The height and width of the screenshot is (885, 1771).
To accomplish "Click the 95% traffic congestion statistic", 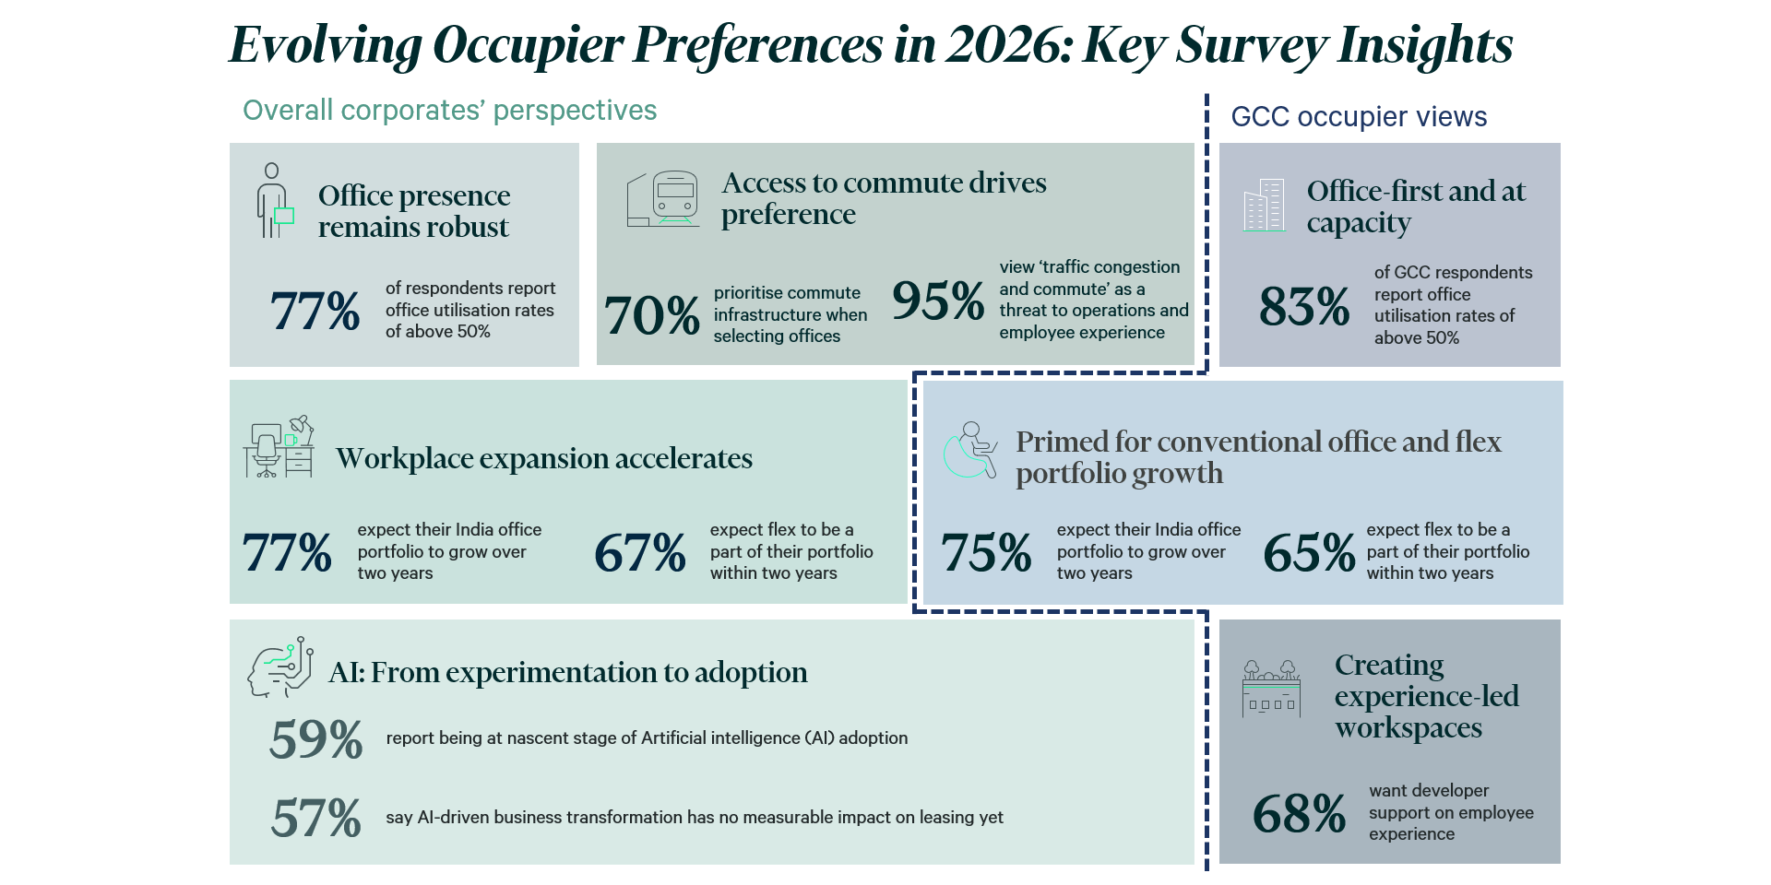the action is pyautogui.click(x=938, y=301).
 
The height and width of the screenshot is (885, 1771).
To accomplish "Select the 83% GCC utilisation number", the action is pyautogui.click(x=1304, y=306).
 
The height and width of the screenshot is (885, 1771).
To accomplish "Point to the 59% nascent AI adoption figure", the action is pyautogui.click(x=316, y=739).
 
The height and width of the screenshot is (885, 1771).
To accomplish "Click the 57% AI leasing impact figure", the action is pyautogui.click(x=316, y=818).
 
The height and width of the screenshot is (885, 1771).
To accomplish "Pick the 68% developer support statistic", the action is pyautogui.click(x=1299, y=814).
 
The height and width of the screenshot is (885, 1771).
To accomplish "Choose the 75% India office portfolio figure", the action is pyautogui.click(x=986, y=553).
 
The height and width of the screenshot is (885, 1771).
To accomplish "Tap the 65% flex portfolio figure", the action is pyautogui.click(x=1309, y=553).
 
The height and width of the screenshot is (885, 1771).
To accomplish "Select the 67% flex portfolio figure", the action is pyautogui.click(x=640, y=553).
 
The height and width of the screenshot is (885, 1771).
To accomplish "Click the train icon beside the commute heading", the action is pyautogui.click(x=663, y=198).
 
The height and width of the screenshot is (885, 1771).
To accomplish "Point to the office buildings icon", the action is pyautogui.click(x=1264, y=205).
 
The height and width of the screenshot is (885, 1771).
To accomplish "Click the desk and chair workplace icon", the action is pyautogui.click(x=279, y=446).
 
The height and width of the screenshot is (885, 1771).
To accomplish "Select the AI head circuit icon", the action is pyautogui.click(x=280, y=667).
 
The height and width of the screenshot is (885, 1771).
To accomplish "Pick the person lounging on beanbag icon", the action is pyautogui.click(x=970, y=450).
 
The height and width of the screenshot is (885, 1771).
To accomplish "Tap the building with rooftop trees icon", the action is pyautogui.click(x=1271, y=689).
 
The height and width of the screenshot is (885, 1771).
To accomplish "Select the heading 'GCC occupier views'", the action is pyautogui.click(x=1359, y=117).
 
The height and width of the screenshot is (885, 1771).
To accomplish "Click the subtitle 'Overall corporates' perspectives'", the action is pyautogui.click(x=449, y=111).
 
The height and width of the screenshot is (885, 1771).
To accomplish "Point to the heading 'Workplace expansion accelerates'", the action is pyautogui.click(x=544, y=458).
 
